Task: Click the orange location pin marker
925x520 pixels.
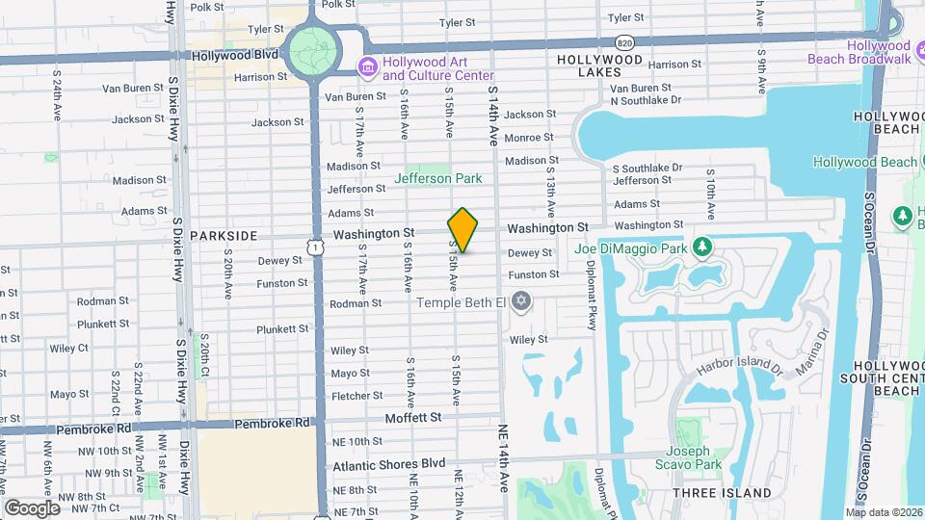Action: tap(462, 230)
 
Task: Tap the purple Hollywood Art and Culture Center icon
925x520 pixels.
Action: tap(367, 67)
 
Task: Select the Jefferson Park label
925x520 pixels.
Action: tap(438, 178)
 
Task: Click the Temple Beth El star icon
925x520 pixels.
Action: tap(522, 303)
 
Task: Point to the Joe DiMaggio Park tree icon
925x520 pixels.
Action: tap(703, 248)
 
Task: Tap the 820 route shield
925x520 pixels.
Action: tap(625, 43)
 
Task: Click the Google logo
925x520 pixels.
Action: tap(32, 507)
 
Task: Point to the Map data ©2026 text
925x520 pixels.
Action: tap(883, 512)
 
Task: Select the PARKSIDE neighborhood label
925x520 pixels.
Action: tap(224, 235)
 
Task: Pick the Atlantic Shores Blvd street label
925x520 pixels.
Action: tap(389, 464)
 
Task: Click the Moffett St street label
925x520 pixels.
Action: tap(412, 418)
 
